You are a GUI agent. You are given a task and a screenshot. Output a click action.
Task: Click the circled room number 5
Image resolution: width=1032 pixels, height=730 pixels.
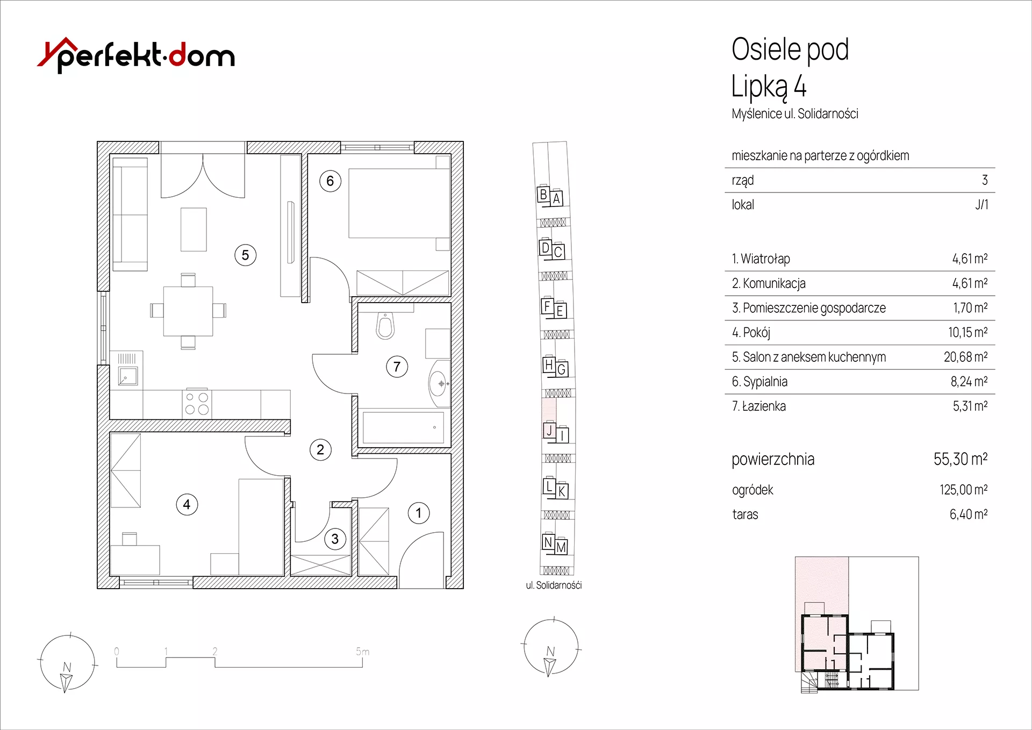[x=246, y=255]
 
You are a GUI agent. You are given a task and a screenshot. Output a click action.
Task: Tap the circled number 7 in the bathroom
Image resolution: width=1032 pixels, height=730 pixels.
[x=397, y=367]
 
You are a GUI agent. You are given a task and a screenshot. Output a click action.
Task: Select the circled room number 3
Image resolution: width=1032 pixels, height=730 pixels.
[x=335, y=539]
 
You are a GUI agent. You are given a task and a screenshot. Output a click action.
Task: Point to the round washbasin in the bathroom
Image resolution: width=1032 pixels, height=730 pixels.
[x=439, y=383]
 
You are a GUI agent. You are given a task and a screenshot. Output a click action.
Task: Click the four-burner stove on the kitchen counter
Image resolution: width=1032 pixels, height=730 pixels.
[x=197, y=403]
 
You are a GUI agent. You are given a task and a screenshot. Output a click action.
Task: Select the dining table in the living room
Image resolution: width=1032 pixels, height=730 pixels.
[x=188, y=311]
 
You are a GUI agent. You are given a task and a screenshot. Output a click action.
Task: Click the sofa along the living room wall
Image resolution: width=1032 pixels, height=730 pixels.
[x=130, y=214]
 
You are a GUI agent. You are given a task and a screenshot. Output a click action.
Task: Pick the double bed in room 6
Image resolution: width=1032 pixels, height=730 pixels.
[x=399, y=203]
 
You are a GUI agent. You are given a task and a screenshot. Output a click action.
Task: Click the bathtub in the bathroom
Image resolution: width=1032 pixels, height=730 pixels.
[x=403, y=428]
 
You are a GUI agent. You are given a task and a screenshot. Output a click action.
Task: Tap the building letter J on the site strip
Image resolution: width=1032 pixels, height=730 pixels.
[x=549, y=431]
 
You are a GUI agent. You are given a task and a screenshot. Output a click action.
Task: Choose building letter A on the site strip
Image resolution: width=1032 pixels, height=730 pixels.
[x=557, y=198]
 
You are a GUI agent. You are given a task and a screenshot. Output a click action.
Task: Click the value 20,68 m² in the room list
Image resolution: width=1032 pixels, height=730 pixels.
[x=965, y=357]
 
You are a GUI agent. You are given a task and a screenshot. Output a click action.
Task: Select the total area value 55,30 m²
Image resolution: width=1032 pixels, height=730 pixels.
[x=961, y=459]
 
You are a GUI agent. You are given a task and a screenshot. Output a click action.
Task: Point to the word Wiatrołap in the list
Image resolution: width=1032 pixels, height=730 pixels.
[x=765, y=259]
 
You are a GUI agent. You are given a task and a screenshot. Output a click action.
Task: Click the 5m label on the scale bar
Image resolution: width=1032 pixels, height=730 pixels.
[x=363, y=652]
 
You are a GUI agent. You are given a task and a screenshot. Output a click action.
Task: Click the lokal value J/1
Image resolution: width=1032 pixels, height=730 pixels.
[x=981, y=205]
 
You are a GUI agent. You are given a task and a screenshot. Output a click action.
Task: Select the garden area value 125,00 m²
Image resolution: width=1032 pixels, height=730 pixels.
[x=964, y=490]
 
